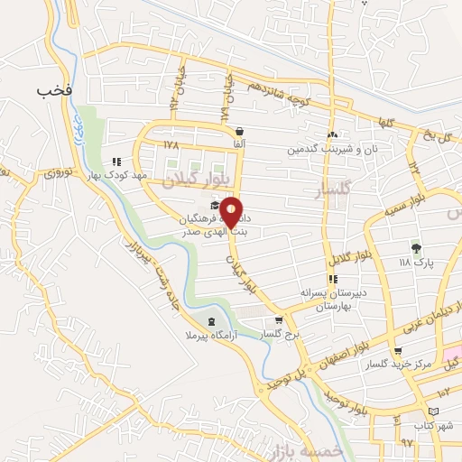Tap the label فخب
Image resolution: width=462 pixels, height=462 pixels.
[x=54, y=91]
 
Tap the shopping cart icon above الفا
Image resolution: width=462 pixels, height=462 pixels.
[x=238, y=131]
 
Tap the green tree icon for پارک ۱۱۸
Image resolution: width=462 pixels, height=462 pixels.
[x=416, y=248]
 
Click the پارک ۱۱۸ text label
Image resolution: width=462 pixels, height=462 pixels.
[x=417, y=263]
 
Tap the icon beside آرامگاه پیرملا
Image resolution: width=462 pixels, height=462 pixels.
[x=211, y=321]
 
